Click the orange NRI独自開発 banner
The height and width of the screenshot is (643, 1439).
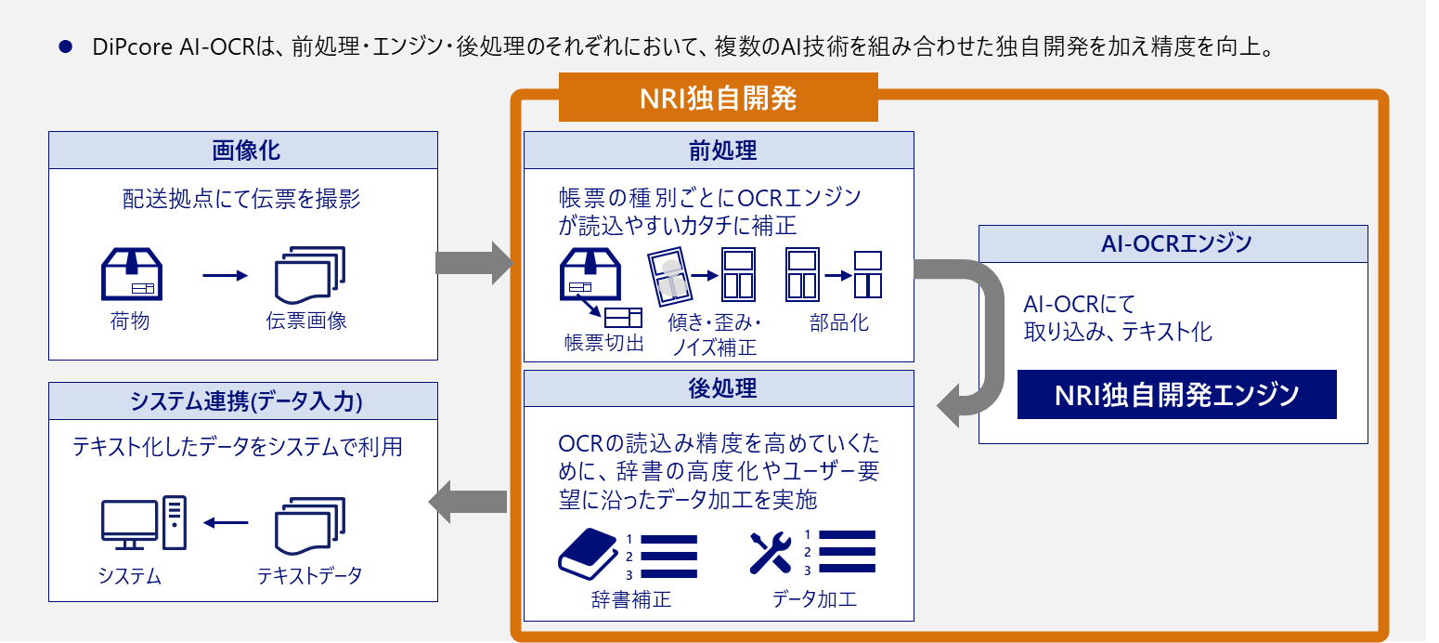[x=718, y=98]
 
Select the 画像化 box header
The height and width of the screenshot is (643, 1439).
[x=242, y=150]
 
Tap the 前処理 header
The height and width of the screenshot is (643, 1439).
[x=719, y=150]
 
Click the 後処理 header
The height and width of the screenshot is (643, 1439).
[x=719, y=388]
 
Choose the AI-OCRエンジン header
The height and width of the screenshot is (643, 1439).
[x=1173, y=243]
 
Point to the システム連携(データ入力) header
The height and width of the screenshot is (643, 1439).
[x=242, y=400]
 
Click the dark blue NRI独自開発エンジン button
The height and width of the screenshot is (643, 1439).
[x=1176, y=395]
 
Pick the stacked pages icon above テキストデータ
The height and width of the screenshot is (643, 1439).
[x=310, y=526]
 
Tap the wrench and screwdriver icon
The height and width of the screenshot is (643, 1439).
[x=770, y=553]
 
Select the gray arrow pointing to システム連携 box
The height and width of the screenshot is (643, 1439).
[x=467, y=502]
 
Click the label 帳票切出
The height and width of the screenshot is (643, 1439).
[x=603, y=343]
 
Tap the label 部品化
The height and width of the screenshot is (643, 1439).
[x=839, y=323]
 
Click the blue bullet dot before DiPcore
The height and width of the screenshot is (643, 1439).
[x=65, y=46]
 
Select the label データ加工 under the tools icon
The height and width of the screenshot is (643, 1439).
[x=814, y=599]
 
